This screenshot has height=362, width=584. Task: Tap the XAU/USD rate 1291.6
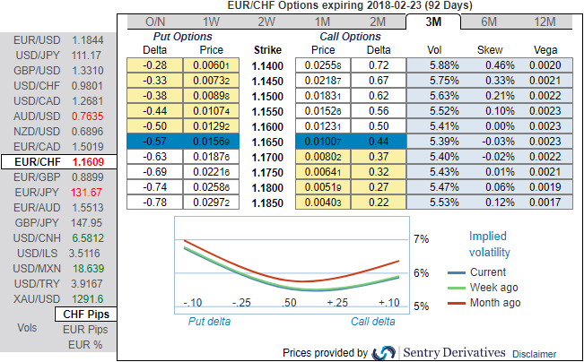(x=88, y=298)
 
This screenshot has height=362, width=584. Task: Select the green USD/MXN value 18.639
(x=88, y=268)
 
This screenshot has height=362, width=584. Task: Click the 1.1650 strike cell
(x=266, y=142)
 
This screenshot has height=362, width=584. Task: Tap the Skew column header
(x=490, y=49)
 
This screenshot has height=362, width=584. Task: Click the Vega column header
(x=545, y=49)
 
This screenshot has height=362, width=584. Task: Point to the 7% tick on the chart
(x=421, y=239)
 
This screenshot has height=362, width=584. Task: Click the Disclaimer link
(x=535, y=353)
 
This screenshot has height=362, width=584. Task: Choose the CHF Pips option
(x=86, y=315)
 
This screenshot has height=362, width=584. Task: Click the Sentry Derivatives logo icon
(x=384, y=352)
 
